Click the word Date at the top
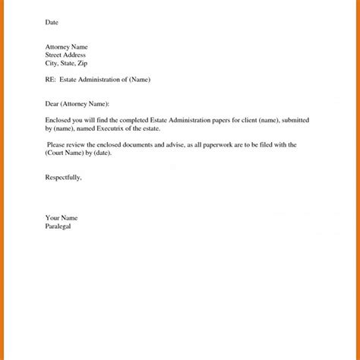click(x=52, y=23)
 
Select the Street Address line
click(x=65, y=55)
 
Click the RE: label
click(x=51, y=80)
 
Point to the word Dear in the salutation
click(x=52, y=103)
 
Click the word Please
click(x=58, y=144)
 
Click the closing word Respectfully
click(x=63, y=177)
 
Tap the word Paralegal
click(x=58, y=226)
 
